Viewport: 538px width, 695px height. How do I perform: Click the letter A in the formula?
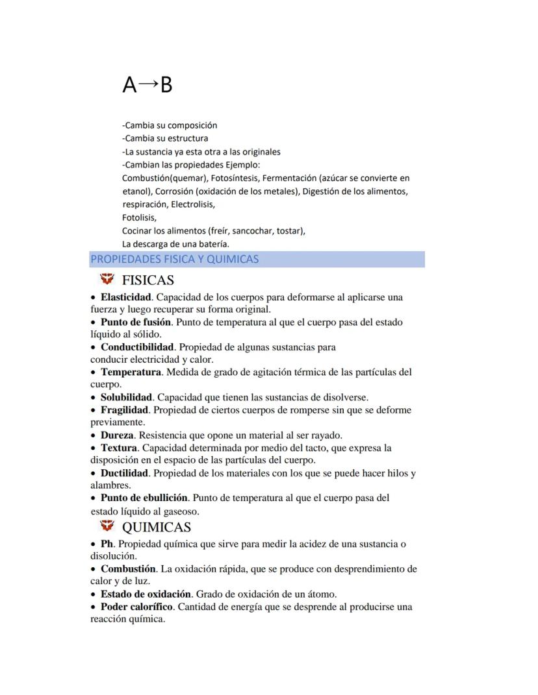tap(130, 85)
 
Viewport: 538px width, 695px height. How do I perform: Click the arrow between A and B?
tap(148, 84)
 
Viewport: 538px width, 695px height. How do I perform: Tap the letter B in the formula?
tap(166, 85)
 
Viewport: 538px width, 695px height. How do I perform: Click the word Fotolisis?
tap(139, 218)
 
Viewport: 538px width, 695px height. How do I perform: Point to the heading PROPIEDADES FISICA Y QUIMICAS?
tap(174, 260)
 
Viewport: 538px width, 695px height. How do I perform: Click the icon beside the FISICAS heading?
tap(107, 280)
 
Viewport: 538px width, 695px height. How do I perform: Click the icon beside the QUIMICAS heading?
tap(107, 526)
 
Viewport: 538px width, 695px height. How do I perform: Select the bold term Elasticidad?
tap(126, 297)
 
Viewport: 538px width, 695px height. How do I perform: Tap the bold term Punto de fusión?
tap(135, 322)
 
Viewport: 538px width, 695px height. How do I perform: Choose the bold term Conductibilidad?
tap(137, 347)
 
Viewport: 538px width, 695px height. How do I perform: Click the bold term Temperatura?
tap(131, 372)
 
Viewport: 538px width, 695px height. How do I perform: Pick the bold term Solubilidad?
tap(126, 397)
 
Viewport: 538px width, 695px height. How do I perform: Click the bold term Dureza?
tap(117, 435)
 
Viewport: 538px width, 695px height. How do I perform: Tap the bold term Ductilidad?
tap(124, 473)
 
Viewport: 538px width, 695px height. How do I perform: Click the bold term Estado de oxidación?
tap(146, 594)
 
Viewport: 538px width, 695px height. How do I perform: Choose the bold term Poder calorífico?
tap(136, 607)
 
